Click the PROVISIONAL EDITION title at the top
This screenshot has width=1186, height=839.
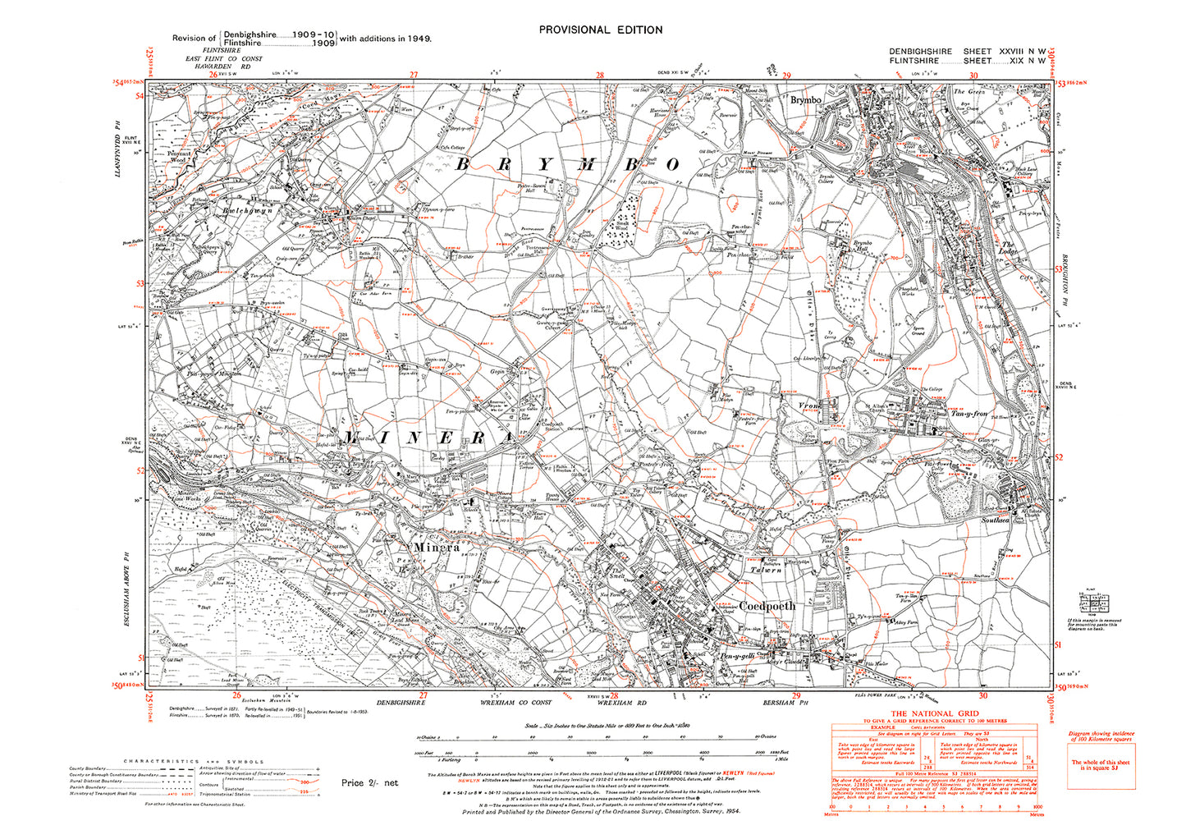point(601,30)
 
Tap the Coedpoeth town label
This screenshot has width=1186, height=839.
point(767,606)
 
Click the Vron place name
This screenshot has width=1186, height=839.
point(809,406)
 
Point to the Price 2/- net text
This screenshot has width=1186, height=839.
point(369,782)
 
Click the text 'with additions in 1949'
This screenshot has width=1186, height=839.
point(386,39)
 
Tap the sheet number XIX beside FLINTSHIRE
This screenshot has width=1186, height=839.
point(1006,61)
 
